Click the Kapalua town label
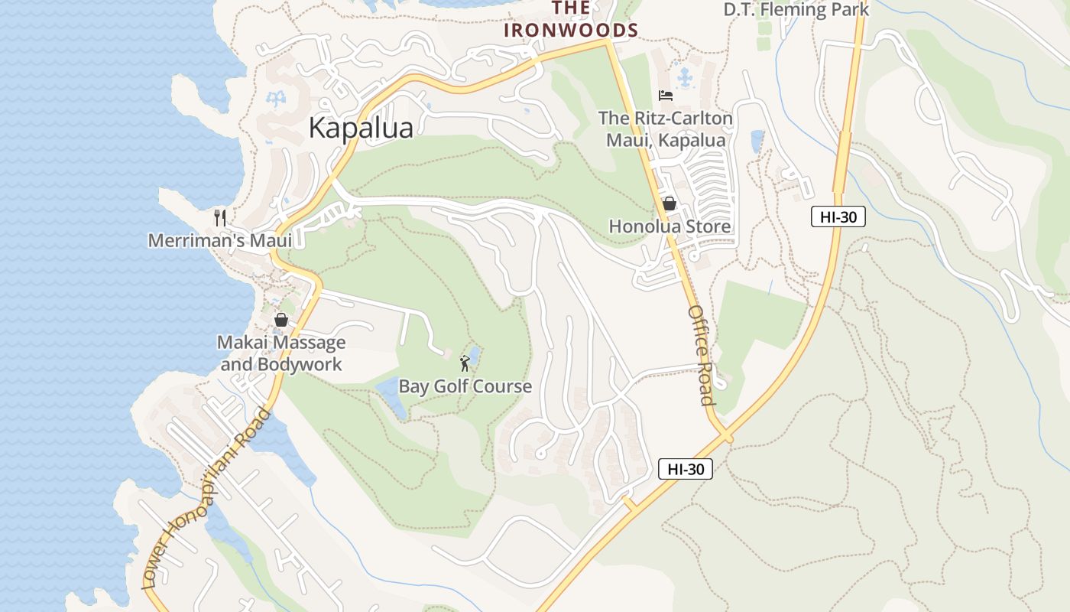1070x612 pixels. [361, 128]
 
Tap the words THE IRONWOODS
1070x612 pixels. [570, 20]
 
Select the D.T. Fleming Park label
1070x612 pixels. [796, 10]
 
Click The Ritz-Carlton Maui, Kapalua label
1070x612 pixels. [665, 129]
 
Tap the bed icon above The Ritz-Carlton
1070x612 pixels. [666, 96]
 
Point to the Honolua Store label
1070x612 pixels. [670, 226]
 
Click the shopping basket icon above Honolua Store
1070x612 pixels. [670, 203]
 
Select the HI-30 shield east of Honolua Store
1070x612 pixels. [838, 216]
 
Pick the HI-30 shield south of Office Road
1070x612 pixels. [685, 469]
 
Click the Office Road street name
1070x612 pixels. [701, 356]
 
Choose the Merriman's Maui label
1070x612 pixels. [220, 240]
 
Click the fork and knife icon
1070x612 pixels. [220, 218]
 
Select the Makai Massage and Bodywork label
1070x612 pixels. [281, 353]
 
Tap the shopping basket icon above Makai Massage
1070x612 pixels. [281, 320]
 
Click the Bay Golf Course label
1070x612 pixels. [465, 386]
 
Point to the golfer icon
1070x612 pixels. [465, 363]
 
